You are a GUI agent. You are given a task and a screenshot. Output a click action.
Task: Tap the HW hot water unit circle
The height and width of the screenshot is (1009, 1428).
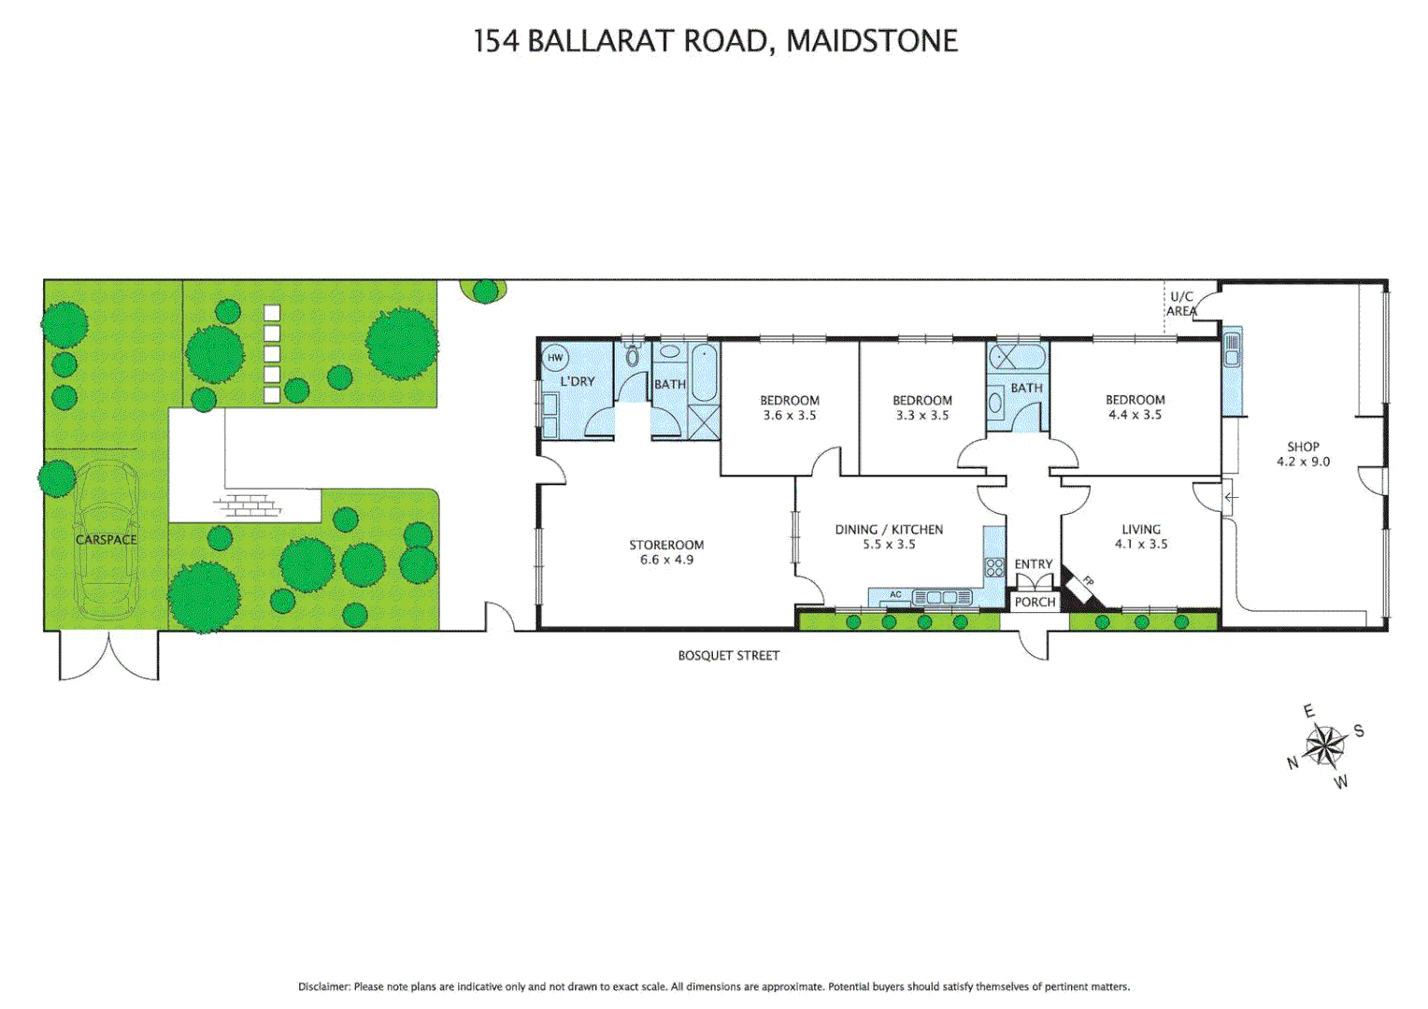tap(555, 358)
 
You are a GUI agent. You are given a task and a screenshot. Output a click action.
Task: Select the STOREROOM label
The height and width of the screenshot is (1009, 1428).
tap(666, 545)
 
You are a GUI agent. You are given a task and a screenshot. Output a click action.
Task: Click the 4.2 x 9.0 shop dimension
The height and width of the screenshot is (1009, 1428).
tap(1303, 462)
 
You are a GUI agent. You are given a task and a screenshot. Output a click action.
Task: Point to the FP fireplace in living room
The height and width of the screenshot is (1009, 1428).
tap(1085, 586)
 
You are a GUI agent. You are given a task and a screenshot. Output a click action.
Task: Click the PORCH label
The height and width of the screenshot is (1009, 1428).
tap(1035, 603)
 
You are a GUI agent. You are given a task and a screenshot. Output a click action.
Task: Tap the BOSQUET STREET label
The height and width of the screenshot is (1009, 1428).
tap(728, 656)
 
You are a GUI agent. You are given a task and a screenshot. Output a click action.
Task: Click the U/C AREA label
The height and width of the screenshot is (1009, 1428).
tap(1181, 304)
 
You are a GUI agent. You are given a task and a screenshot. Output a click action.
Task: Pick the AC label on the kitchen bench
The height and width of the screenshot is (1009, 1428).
tap(895, 595)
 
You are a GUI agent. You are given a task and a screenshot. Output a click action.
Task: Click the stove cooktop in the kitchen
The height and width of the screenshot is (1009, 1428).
tap(994, 567)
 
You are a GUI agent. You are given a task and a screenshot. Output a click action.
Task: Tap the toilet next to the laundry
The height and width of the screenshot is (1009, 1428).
tap(633, 355)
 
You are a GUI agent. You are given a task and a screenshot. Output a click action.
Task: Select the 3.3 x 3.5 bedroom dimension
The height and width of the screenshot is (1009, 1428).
tap(921, 416)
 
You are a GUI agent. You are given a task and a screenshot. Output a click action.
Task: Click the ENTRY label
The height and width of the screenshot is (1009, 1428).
tap(1033, 564)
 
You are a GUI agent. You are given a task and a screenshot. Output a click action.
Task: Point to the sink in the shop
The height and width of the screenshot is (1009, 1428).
tap(1232, 348)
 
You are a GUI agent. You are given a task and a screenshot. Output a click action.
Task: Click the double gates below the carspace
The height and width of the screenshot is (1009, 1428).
tap(109, 656)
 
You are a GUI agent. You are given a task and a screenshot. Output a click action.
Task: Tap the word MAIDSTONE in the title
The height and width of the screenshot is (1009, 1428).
tap(872, 41)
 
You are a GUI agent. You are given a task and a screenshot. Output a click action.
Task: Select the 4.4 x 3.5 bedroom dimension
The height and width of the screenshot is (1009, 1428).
tap(1135, 415)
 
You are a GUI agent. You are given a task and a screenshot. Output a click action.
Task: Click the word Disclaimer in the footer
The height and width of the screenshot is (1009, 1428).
tap(323, 987)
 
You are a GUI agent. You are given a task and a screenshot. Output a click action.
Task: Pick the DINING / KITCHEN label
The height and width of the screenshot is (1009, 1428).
tap(889, 530)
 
